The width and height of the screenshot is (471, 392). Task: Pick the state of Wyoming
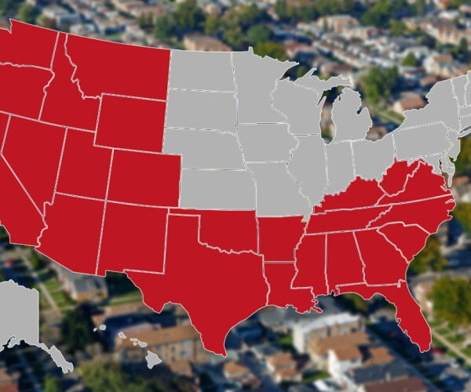(130, 122)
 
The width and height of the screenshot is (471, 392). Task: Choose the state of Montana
(118, 67)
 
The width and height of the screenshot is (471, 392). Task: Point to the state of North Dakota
(200, 71)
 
